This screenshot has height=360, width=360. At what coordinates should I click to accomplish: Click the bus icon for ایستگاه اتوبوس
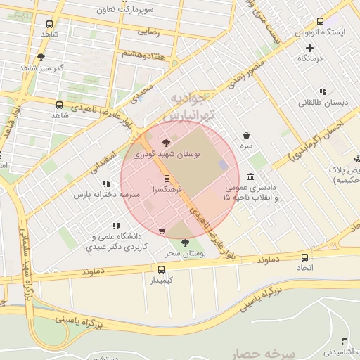(x=321, y=22)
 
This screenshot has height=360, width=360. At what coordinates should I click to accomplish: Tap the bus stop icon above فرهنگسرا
(x=167, y=179)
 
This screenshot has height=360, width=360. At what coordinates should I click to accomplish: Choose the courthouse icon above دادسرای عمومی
(x=251, y=176)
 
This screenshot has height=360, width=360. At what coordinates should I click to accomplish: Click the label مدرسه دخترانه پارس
(x=107, y=194)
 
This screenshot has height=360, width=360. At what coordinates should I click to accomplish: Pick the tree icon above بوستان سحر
(x=185, y=242)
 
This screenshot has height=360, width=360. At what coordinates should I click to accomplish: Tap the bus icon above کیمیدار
(x=162, y=269)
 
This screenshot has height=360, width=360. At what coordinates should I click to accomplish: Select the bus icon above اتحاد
(x=304, y=257)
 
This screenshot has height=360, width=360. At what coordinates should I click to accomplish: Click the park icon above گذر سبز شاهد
(x=41, y=56)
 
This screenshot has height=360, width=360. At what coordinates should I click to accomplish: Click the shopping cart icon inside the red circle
(x=162, y=231)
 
